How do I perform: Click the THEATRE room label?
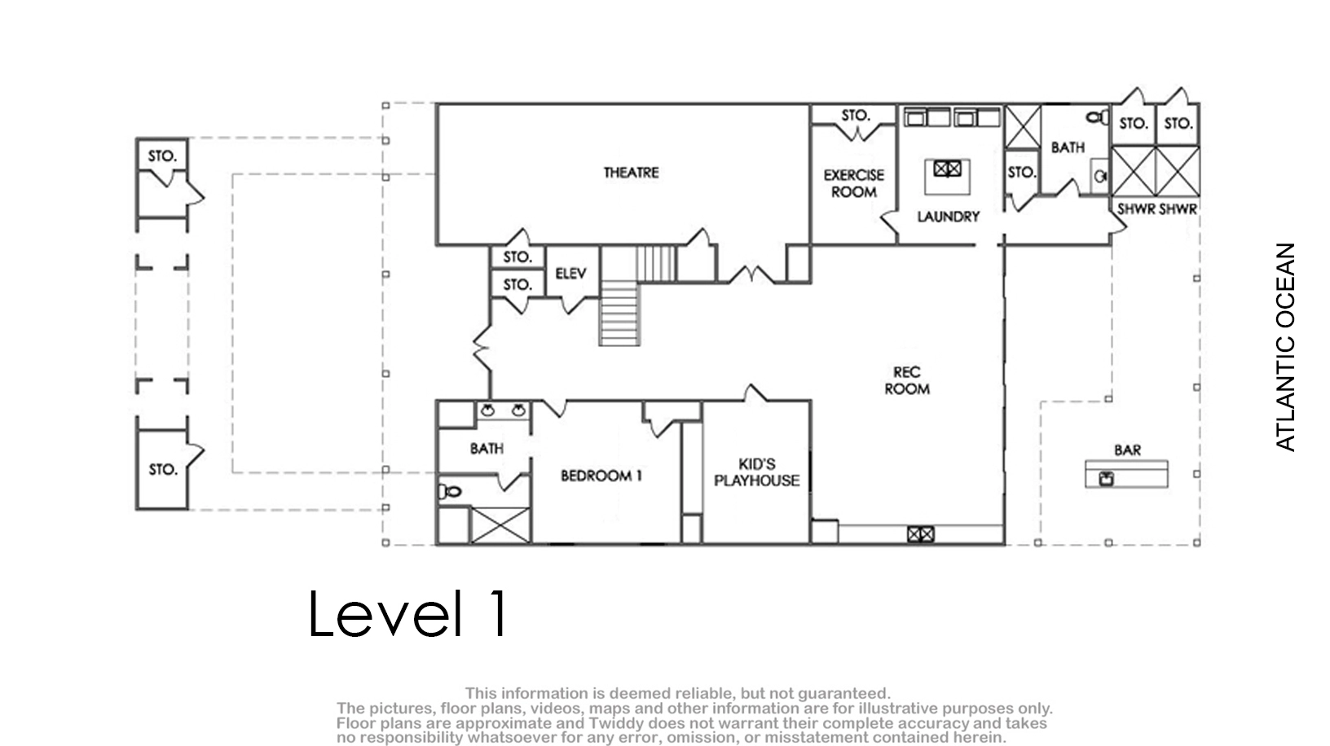coord(631,173)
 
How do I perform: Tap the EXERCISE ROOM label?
coord(854,183)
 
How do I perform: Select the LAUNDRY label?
coord(949,217)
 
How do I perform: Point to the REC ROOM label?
coord(907,380)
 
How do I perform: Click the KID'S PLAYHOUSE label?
coord(756,472)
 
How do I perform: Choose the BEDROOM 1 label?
coord(601,476)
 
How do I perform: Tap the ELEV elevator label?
coord(570,274)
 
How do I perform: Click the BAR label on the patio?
coord(1128,450)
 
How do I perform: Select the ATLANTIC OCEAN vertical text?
coord(1285,347)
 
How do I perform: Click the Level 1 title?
coord(407,613)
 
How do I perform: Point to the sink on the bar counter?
coord(1106,478)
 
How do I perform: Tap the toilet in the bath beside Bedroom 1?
coord(450,491)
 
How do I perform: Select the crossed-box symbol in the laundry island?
coord(947,169)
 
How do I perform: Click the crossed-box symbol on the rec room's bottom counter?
coord(920,535)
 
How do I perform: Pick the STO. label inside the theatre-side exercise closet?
coord(856,115)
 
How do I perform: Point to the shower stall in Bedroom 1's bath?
coord(500,525)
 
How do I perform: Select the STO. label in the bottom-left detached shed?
coord(163,469)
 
